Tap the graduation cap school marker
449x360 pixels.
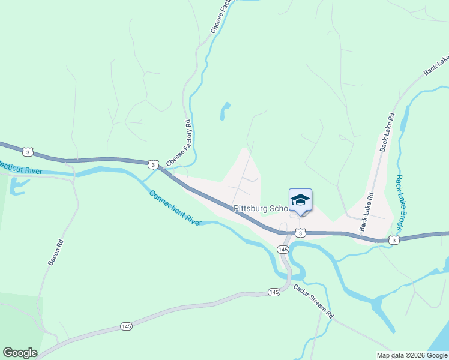(x=300, y=200)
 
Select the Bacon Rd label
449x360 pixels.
(x=55, y=253)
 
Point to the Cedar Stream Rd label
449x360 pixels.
(x=313, y=301)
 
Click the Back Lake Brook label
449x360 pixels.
(x=400, y=203)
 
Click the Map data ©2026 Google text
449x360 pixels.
(x=412, y=355)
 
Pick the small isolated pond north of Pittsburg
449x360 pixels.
(x=225, y=110)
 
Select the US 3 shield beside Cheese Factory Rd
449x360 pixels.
(x=154, y=164)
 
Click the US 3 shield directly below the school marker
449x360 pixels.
(x=300, y=232)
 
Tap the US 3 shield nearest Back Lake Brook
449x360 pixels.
(x=393, y=240)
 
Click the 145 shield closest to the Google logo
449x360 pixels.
(x=125, y=326)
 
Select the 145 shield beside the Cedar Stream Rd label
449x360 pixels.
(x=274, y=292)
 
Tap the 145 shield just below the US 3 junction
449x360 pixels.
(x=283, y=248)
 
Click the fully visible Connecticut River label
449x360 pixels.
(x=175, y=208)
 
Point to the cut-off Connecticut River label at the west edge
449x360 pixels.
(x=20, y=169)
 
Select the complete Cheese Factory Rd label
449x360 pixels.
(x=178, y=143)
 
